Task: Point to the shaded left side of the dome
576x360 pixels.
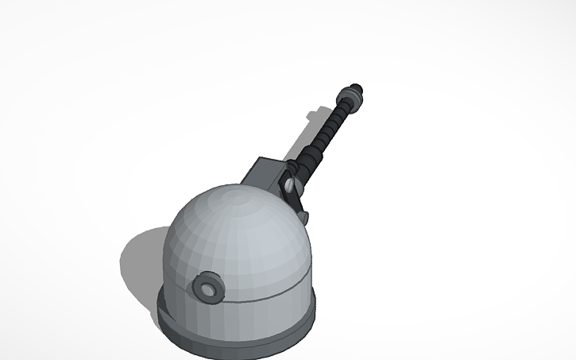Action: [x=179, y=254]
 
